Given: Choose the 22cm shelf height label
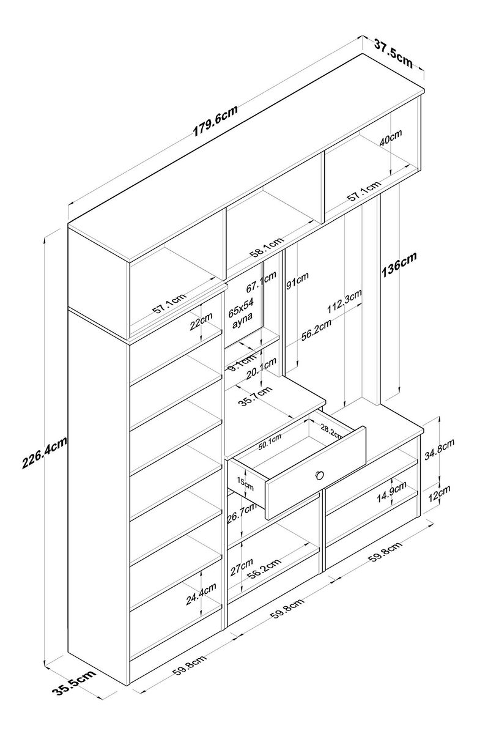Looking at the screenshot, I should (x=201, y=322).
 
